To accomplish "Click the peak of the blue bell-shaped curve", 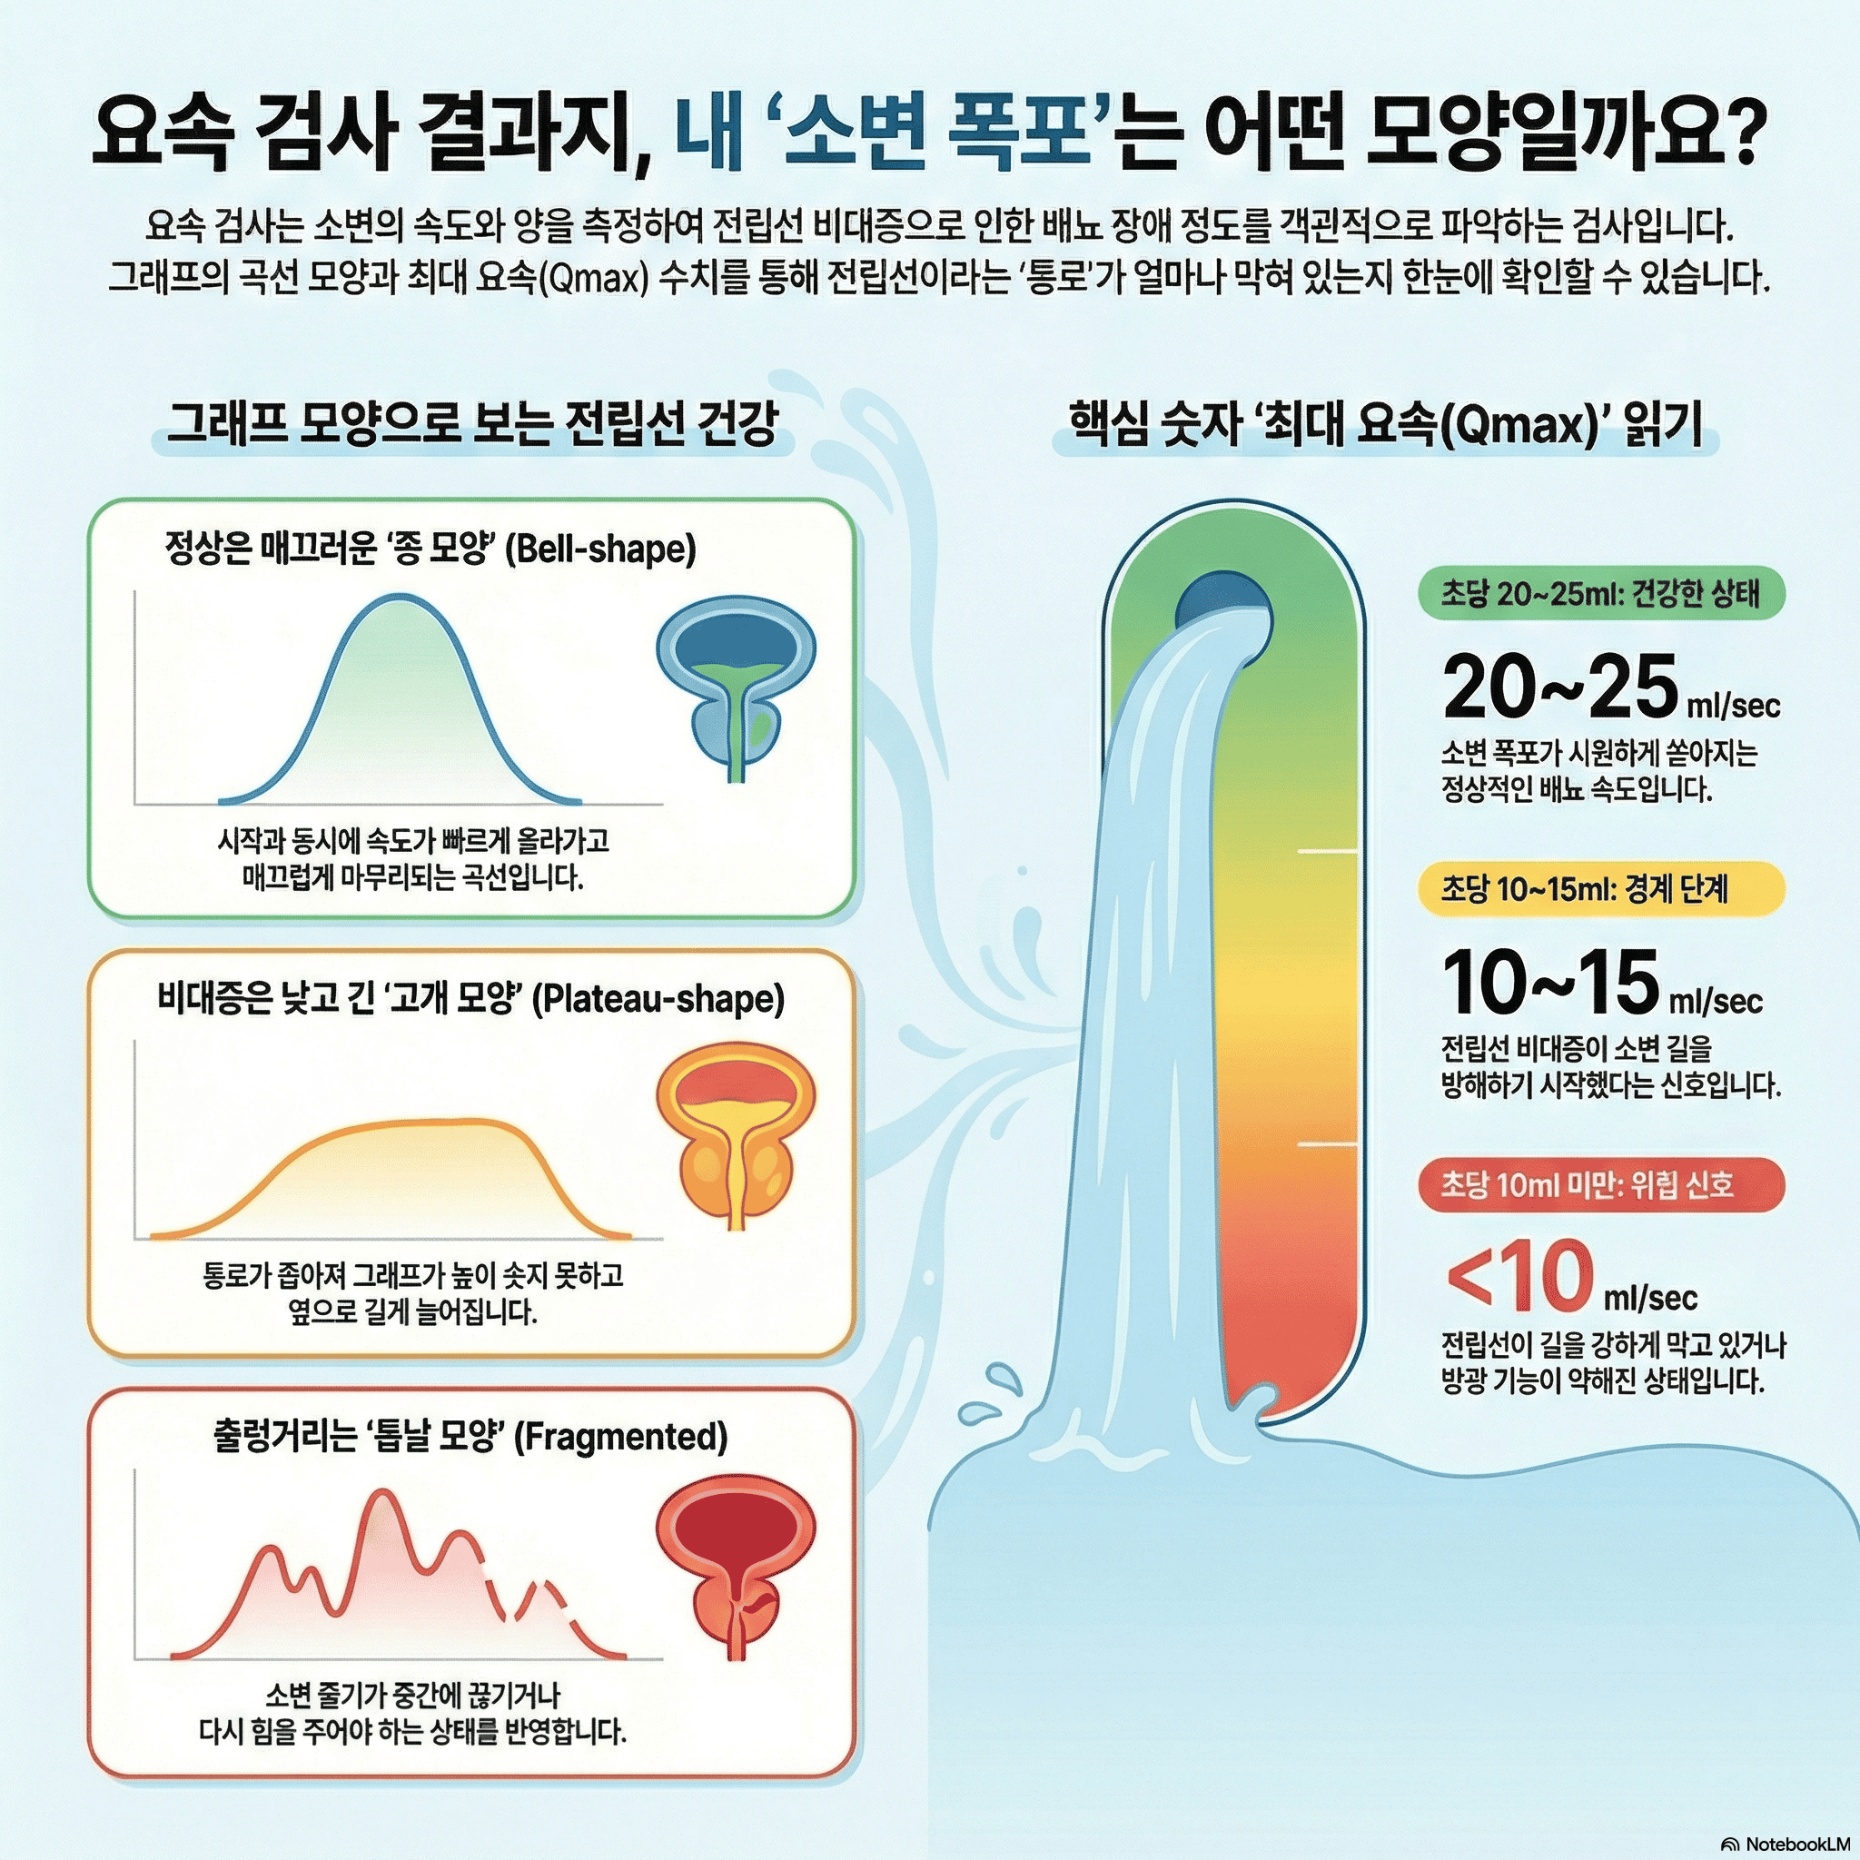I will (x=400, y=599).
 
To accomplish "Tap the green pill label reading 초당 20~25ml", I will (x=1600, y=594).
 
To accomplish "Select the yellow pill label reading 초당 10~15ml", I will (x=1600, y=888).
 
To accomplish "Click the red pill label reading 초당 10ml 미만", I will (x=1600, y=1184).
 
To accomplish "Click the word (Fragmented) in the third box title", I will (x=620, y=1437).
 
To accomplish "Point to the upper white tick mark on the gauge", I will (x=1328, y=851).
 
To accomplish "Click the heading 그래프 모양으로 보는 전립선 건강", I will (x=471, y=423).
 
